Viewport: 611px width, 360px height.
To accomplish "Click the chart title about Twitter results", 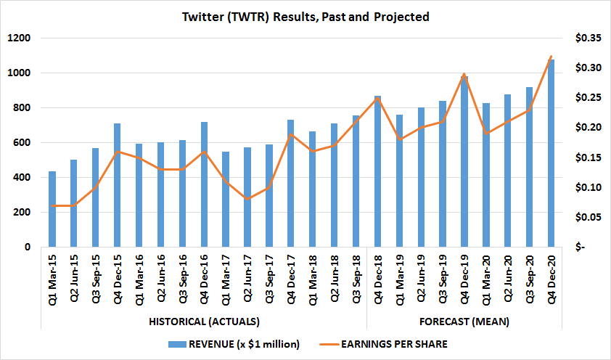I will tap(305, 15).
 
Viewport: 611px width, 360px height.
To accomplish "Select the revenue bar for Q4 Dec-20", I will tap(551, 153).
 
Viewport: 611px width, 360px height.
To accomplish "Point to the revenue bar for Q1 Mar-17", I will tap(226, 200).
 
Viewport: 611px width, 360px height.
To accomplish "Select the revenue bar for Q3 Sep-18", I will tap(356, 181).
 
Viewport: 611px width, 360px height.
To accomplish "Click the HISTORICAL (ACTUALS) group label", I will tap(204, 321).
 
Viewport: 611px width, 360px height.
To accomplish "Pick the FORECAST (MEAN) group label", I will tap(464, 321).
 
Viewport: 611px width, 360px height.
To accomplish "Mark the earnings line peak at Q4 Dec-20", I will tap(551, 56).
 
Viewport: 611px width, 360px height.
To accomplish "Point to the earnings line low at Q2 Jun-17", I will tap(247, 199).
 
